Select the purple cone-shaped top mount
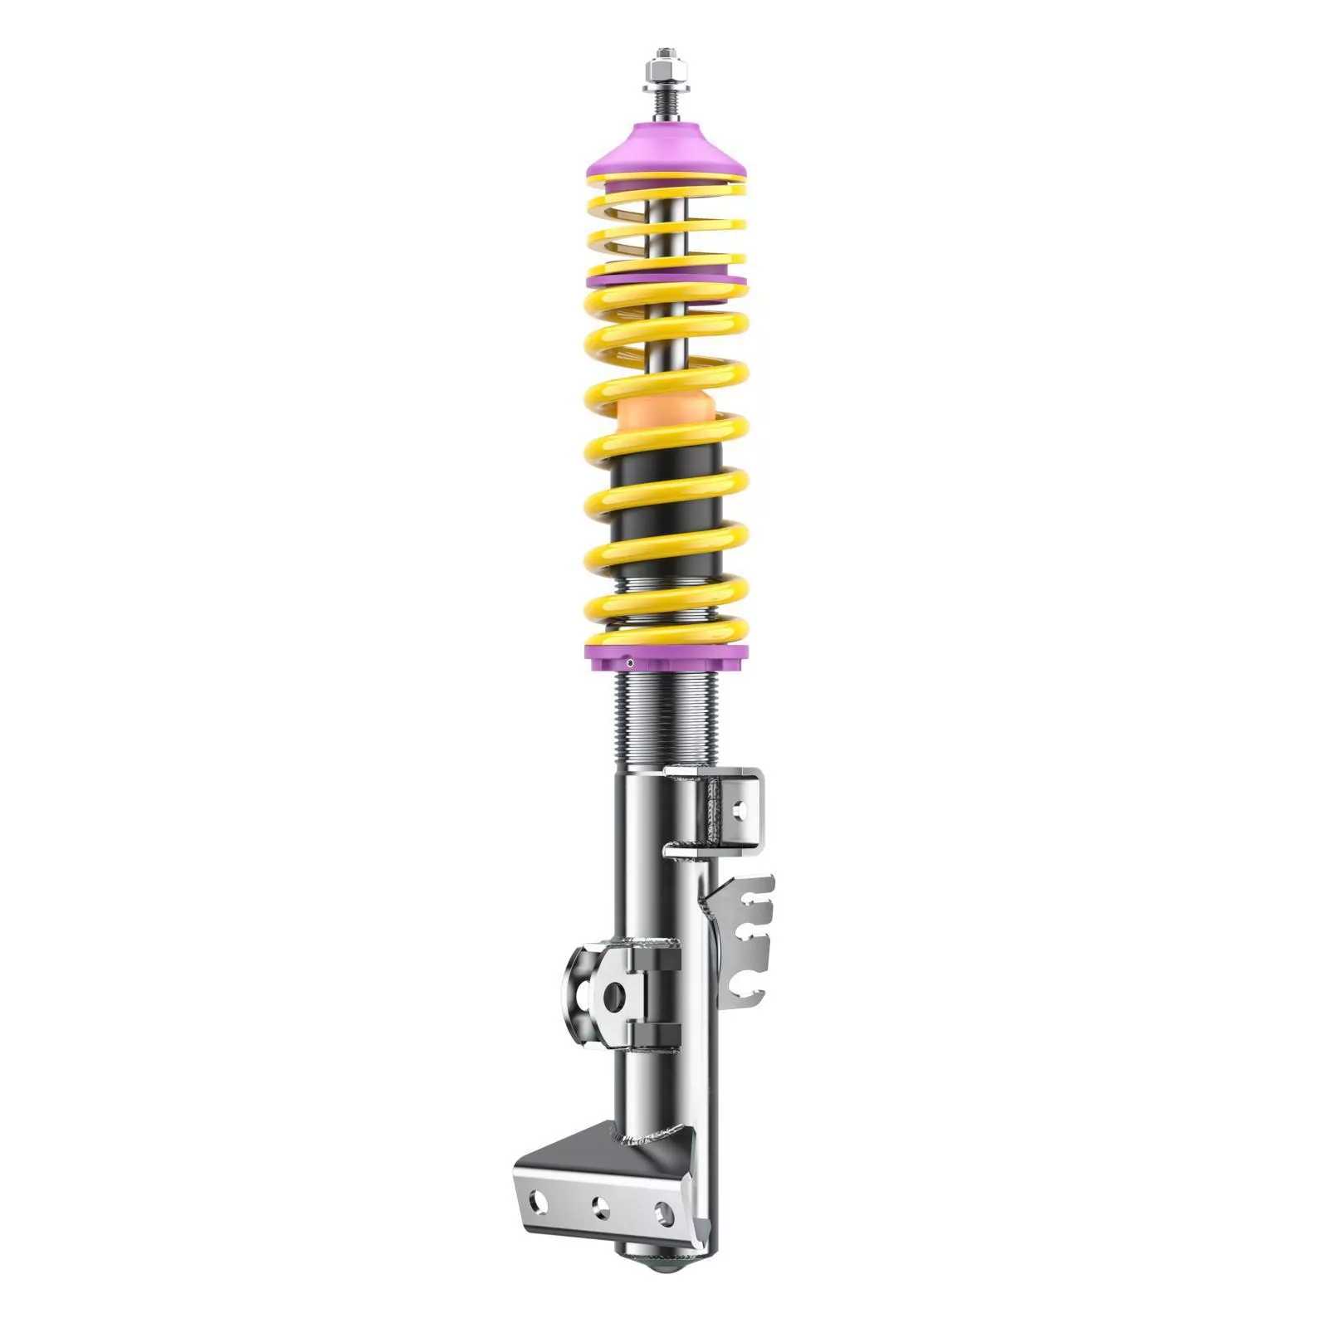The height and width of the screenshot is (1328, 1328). (x=666, y=149)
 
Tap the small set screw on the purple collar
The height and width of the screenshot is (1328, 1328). (x=630, y=662)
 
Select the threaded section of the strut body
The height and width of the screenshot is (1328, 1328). (x=666, y=722)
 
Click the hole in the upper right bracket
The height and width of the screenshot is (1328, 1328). (x=740, y=807)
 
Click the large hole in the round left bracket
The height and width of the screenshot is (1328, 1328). (x=613, y=997)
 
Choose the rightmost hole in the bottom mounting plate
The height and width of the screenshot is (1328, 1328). (x=663, y=1214)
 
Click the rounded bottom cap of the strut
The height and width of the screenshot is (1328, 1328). (x=664, y=1268)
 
